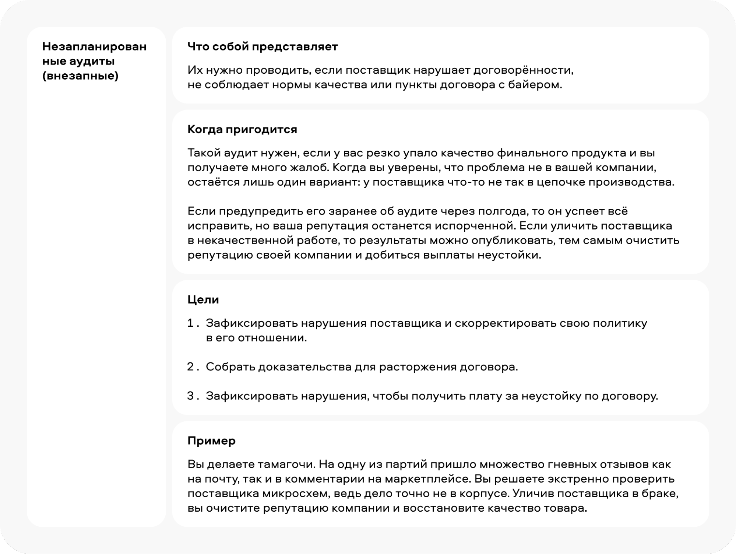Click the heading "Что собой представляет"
[x=263, y=47]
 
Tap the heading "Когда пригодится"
[x=242, y=129]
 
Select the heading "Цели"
[x=203, y=299]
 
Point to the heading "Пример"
[x=211, y=441]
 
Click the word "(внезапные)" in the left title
[x=80, y=76]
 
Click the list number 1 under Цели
[x=191, y=323]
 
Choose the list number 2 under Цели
[x=191, y=367]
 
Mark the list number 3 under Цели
[x=191, y=396]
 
